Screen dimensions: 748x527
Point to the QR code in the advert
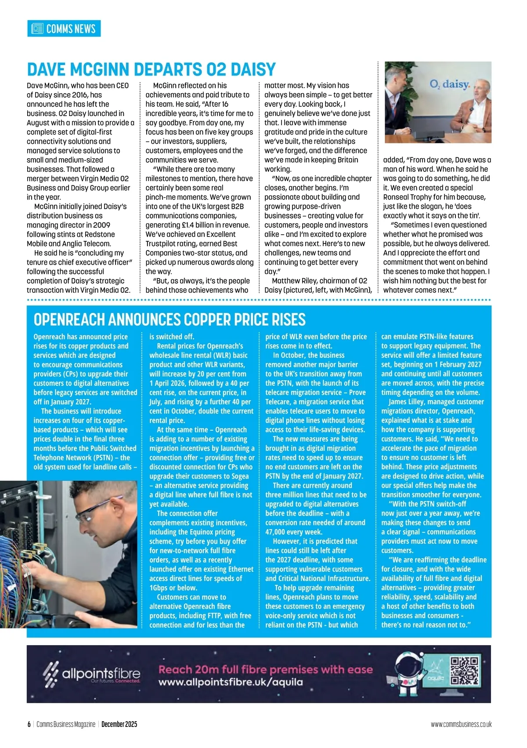(x=465, y=671)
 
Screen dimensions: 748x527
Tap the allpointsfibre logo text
(x=101, y=673)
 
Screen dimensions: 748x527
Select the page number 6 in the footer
(x=29, y=724)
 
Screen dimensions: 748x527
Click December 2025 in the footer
(x=119, y=724)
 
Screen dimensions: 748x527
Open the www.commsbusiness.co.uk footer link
(x=461, y=724)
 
